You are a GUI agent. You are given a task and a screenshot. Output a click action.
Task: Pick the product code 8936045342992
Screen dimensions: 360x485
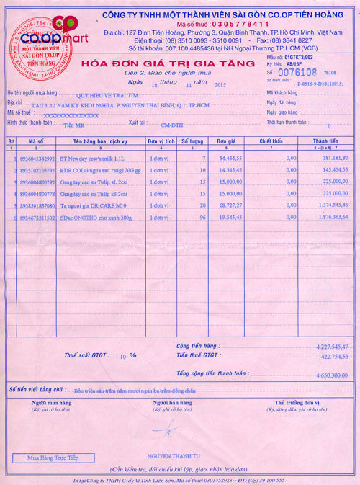(x=42, y=157)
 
